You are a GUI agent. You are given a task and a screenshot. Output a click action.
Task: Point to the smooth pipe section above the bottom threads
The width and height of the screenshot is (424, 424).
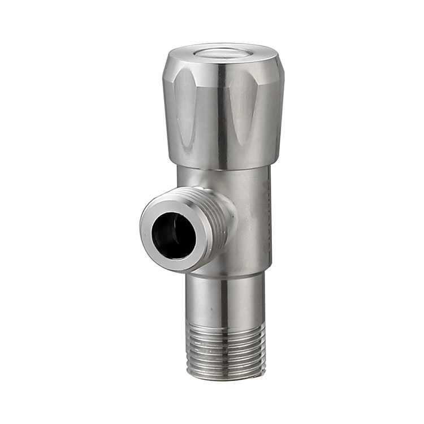coord(226,300)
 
